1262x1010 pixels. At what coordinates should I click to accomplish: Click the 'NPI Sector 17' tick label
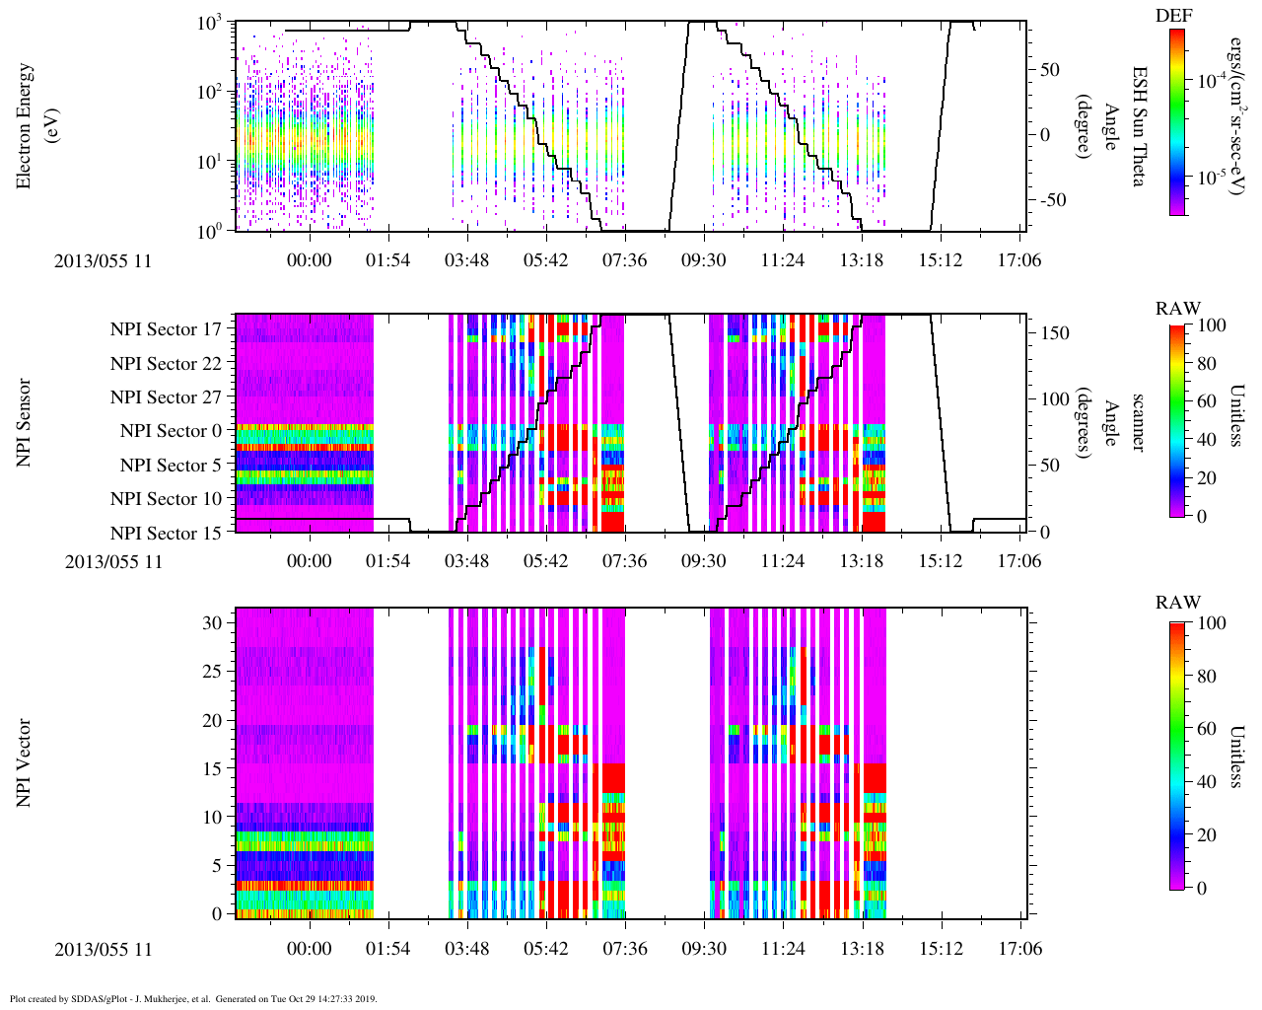(167, 329)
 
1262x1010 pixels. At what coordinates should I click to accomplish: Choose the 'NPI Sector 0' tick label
(172, 431)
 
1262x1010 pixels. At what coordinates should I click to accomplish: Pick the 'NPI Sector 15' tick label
(167, 534)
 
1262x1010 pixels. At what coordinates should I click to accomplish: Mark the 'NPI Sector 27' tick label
(167, 397)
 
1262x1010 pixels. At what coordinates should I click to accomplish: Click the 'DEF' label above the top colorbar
(1174, 16)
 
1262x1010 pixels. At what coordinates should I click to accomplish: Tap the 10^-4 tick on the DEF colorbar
(1211, 81)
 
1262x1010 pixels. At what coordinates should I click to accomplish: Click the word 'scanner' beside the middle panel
(1137, 423)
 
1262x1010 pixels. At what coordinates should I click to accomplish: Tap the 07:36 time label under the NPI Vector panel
(624, 949)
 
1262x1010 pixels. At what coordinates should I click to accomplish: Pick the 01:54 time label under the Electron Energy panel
(387, 260)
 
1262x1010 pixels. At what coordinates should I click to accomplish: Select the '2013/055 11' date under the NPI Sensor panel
(113, 562)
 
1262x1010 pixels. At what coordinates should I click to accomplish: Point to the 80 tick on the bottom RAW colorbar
(1212, 678)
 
